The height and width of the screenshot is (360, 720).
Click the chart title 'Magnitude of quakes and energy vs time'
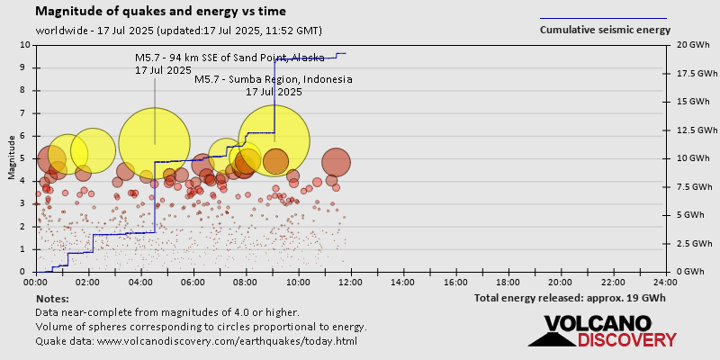[x=161, y=12]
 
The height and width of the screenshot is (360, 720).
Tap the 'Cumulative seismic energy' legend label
[x=605, y=30]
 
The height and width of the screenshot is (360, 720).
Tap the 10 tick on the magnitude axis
[x=25, y=45]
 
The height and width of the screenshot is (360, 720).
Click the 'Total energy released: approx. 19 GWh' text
[x=570, y=298]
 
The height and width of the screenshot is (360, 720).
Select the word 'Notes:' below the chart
[x=52, y=298]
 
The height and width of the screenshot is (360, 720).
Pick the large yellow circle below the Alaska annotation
[x=154, y=143]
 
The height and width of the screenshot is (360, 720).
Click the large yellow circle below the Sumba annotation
[x=274, y=140]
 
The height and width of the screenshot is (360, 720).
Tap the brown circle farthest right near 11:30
[x=336, y=162]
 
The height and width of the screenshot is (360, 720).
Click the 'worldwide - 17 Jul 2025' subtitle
[x=94, y=30]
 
